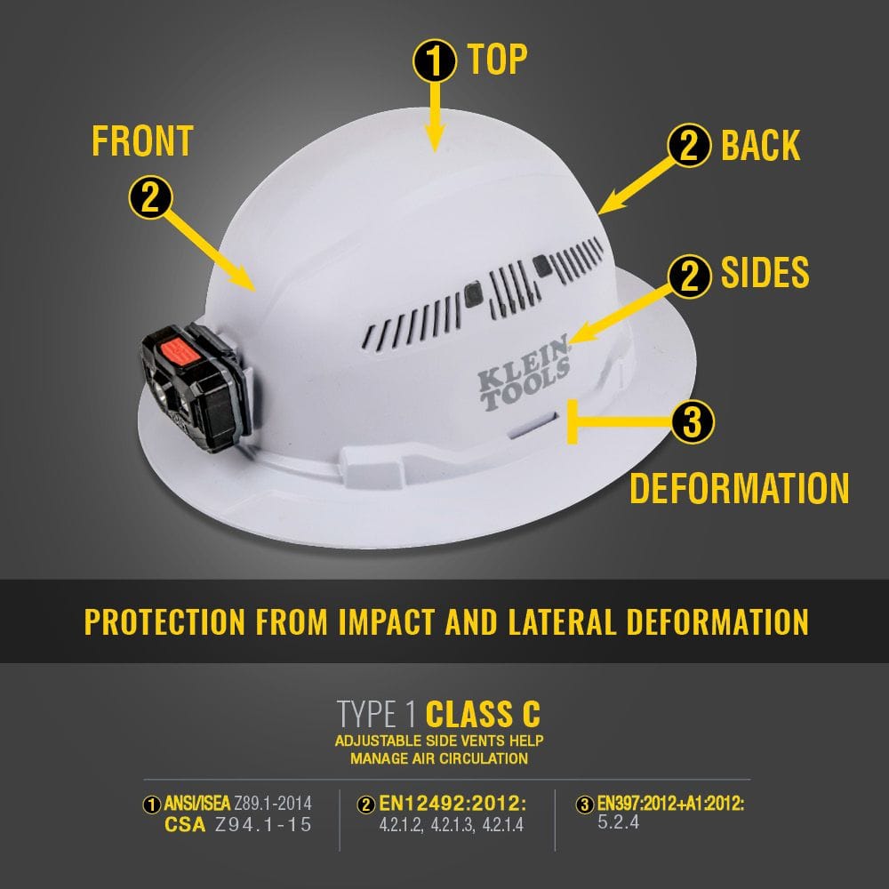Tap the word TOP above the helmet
pyautogui.click(x=498, y=60)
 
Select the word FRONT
pyautogui.click(x=142, y=141)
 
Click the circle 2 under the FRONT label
pyautogui.click(x=150, y=196)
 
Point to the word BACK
pyautogui.click(x=760, y=146)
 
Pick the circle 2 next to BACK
pyautogui.click(x=689, y=147)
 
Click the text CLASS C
pyautogui.click(x=483, y=714)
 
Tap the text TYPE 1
pyautogui.click(x=376, y=714)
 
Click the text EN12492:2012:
pyautogui.click(x=453, y=805)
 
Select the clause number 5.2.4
pyautogui.click(x=619, y=822)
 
